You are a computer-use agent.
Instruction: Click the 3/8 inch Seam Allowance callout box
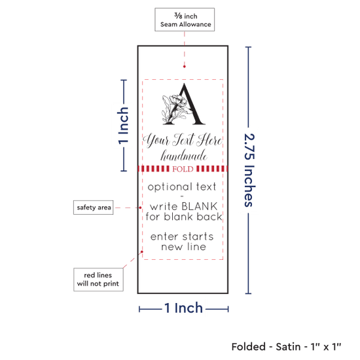[x=185, y=20]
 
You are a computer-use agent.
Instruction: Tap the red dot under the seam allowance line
[x=185, y=67]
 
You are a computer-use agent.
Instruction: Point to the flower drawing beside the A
[x=175, y=109]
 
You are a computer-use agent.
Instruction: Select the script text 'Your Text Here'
[x=183, y=140]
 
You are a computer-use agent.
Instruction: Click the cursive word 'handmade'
[x=184, y=155]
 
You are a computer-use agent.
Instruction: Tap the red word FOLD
[x=183, y=169]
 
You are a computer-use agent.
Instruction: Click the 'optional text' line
[x=182, y=187]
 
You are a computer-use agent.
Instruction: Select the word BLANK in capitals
[x=200, y=206]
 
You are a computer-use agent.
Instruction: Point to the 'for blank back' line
[x=184, y=217]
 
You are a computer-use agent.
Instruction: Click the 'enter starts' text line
[x=182, y=237]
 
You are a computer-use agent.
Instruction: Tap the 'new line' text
[x=184, y=247]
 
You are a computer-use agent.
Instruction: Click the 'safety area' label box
[x=94, y=207]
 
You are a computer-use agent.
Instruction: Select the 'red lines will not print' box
[x=98, y=279]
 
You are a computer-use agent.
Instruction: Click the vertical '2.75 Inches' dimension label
[x=249, y=170]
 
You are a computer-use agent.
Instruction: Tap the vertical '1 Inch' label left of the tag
[x=123, y=126]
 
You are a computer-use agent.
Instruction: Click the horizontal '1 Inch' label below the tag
[x=184, y=308]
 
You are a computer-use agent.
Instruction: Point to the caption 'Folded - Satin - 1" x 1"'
[x=286, y=347]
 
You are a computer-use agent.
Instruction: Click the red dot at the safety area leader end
[x=140, y=207]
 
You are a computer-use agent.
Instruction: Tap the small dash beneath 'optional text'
[x=182, y=196]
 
